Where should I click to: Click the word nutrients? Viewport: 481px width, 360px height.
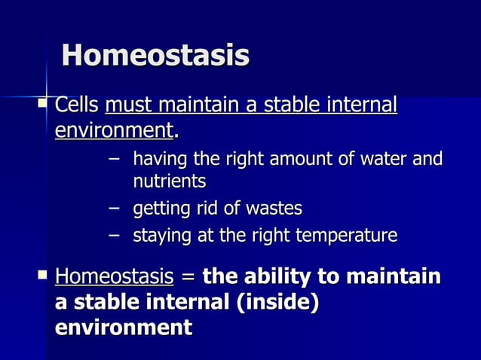(169, 182)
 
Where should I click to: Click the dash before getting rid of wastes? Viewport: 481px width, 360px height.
(113, 208)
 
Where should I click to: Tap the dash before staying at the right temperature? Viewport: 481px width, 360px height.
(113, 236)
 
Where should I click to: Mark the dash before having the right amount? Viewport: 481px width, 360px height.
(113, 159)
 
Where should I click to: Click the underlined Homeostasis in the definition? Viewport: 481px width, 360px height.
(114, 276)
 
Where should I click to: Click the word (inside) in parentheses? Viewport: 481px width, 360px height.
(278, 302)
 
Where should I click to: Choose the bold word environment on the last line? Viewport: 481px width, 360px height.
(123, 328)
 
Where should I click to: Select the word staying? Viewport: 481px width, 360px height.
(162, 236)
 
